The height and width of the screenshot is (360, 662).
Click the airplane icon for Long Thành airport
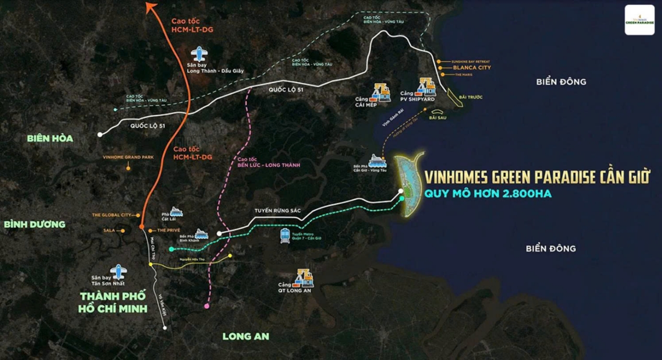(199, 54)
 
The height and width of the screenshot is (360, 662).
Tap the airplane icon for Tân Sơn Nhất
(118, 272)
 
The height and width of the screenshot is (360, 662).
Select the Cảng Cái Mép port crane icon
(382, 92)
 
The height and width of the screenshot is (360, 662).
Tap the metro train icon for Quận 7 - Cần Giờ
(285, 235)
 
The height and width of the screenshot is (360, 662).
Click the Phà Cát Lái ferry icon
(176, 211)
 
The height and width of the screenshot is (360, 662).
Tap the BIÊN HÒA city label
(50, 139)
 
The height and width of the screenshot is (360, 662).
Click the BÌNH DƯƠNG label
(35, 224)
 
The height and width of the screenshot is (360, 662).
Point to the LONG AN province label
(246, 337)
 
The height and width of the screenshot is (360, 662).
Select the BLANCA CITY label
(469, 68)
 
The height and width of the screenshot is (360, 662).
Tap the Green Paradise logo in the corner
(639, 20)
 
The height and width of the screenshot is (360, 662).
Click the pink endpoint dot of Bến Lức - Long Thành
(207, 306)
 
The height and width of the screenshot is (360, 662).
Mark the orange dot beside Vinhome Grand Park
(128, 168)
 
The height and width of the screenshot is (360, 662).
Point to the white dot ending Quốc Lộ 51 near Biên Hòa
(100, 135)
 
